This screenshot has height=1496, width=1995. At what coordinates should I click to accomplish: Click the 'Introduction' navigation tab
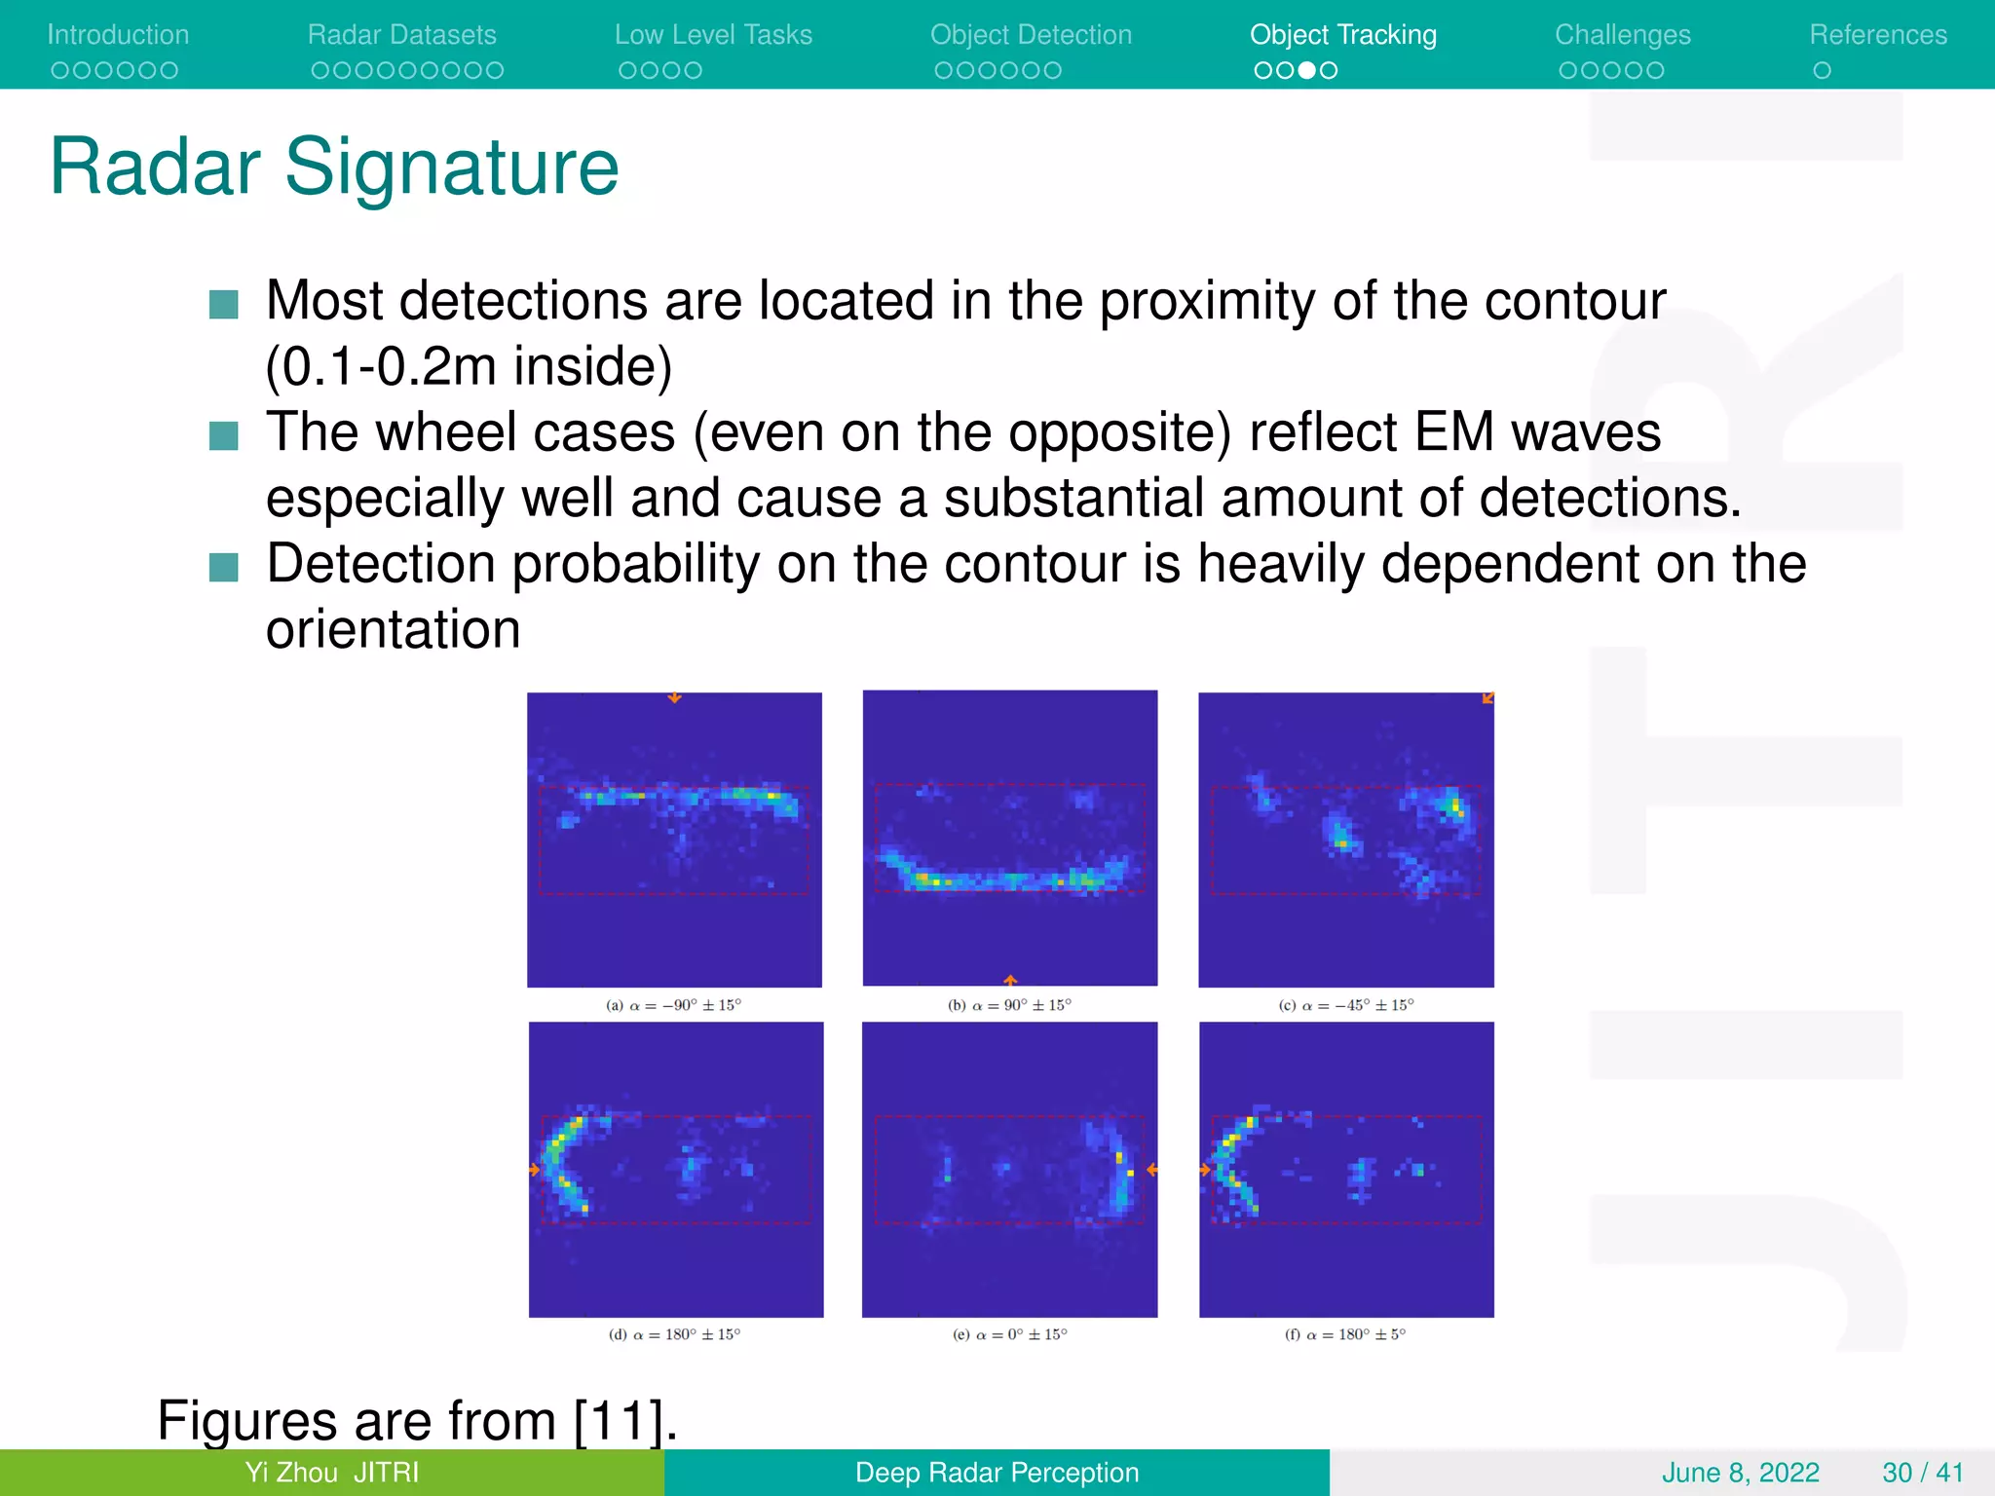point(118,35)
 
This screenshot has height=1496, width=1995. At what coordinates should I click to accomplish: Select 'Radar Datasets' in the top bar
point(401,35)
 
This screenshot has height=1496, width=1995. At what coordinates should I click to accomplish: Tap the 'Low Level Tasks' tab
point(713,35)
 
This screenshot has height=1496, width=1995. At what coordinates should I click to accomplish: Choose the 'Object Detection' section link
point(1031,35)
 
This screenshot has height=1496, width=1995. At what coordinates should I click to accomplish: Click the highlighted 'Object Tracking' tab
point(1342,35)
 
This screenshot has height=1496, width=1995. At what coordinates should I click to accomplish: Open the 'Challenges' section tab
point(1622,35)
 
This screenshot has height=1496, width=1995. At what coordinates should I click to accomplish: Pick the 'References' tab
point(1877,35)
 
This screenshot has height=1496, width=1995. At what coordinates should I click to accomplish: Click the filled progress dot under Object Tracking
point(1307,70)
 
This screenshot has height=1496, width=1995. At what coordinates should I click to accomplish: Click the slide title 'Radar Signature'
point(334,168)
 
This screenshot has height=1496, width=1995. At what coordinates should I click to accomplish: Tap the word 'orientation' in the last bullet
point(393,629)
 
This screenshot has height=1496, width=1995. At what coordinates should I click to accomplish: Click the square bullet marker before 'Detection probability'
point(224,567)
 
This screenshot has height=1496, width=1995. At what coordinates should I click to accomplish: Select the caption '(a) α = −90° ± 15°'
point(673,1005)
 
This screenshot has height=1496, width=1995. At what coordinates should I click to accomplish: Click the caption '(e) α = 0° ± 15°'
point(1009,1334)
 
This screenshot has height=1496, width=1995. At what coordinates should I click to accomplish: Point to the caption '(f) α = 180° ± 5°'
point(1344,1334)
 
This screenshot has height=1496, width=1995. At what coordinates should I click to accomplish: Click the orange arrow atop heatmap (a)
point(674,697)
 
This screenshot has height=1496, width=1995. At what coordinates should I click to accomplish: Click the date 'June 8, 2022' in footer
point(1740,1473)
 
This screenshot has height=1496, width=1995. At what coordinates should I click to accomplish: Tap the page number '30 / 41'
point(1922,1473)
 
